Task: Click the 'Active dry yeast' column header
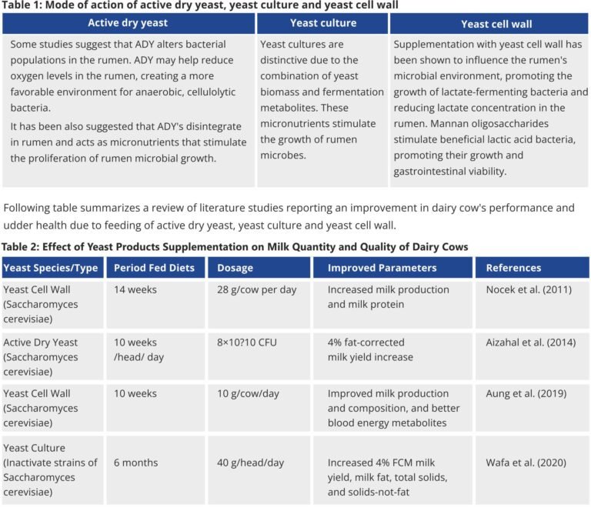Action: click(129, 23)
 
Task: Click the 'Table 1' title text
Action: click(200, 5)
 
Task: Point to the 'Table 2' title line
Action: click(235, 246)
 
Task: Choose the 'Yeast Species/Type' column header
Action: click(51, 268)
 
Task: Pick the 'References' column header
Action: click(513, 268)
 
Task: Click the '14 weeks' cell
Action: click(135, 290)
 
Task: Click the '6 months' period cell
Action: click(136, 463)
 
